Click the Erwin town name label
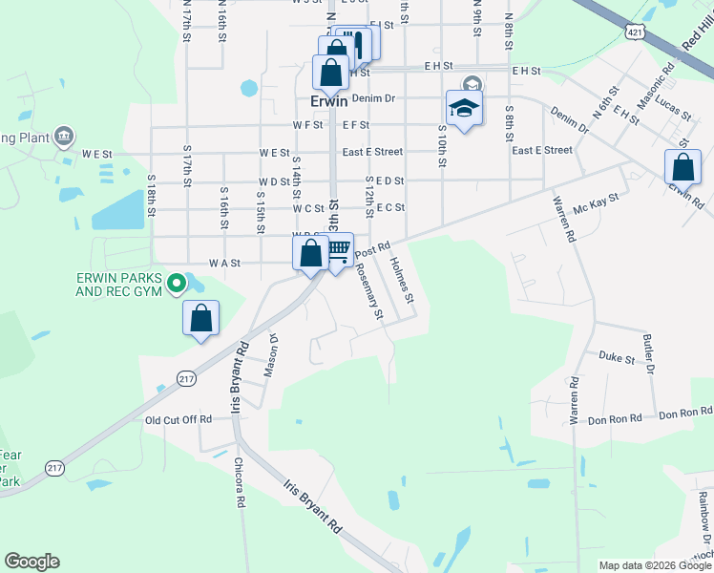[x=329, y=99]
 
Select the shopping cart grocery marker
[x=338, y=251]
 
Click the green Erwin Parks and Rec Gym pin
[x=176, y=283]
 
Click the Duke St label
[x=617, y=358]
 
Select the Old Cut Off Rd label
[x=178, y=419]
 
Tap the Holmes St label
[x=402, y=284]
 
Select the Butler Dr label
[x=649, y=353]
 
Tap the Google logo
[x=31, y=562]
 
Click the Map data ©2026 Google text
[x=656, y=565]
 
